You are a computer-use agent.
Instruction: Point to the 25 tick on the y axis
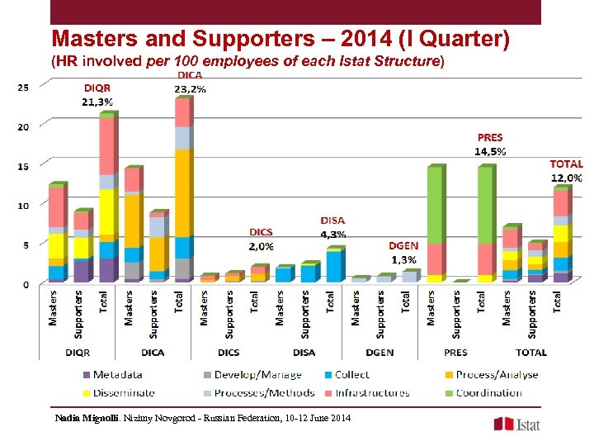pyautogui.click(x=24, y=87)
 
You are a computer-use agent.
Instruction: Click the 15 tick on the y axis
pyautogui.click(x=24, y=166)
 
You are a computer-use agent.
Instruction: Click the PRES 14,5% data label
pyautogui.click(x=490, y=145)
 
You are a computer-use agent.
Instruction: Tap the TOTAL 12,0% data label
pyautogui.click(x=567, y=171)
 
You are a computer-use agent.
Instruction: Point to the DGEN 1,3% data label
pyautogui.click(x=403, y=253)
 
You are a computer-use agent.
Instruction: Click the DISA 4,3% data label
pyautogui.click(x=332, y=227)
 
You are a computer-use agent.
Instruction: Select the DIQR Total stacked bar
pyautogui.click(x=107, y=198)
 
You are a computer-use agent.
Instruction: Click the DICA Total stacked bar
pyautogui.click(x=183, y=190)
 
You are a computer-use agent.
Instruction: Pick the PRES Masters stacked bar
pyautogui.click(x=435, y=224)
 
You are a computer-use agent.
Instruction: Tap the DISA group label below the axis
pyautogui.click(x=304, y=353)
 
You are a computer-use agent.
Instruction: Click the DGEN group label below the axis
pyautogui.click(x=379, y=353)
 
